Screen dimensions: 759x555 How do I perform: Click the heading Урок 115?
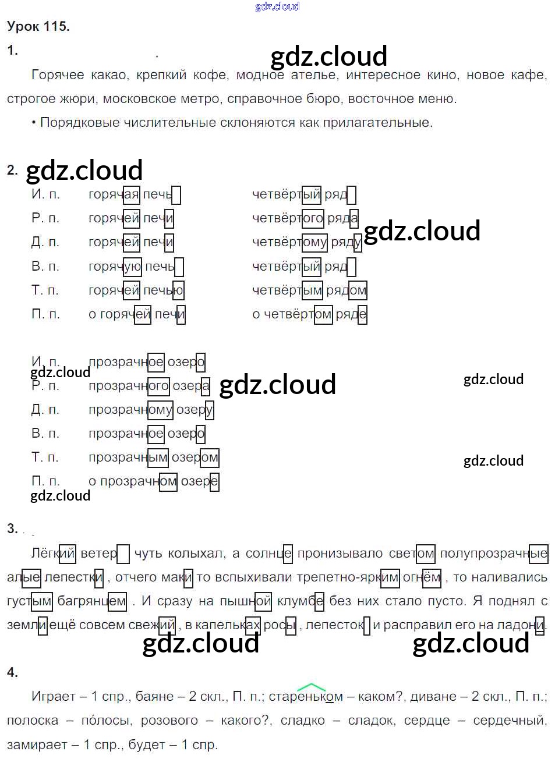pos(38,26)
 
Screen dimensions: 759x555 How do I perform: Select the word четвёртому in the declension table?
pos(289,243)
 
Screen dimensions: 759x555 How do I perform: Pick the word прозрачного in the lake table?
pos(128,386)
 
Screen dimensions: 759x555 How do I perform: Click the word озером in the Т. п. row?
pos(195,458)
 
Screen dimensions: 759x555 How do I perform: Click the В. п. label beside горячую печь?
pos(45,267)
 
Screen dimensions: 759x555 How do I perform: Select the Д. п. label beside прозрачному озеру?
pos(45,410)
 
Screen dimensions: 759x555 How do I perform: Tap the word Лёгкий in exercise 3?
pos(53,554)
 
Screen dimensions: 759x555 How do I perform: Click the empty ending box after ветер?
pos(123,554)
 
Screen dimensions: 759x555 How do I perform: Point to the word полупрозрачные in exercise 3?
pos(493,554)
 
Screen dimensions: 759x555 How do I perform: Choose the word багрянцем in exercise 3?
pos(91,601)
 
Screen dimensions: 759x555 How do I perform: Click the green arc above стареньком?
pos(311,687)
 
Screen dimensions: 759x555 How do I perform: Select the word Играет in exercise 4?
pos(54,697)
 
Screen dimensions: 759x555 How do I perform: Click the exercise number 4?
pos(12,673)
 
